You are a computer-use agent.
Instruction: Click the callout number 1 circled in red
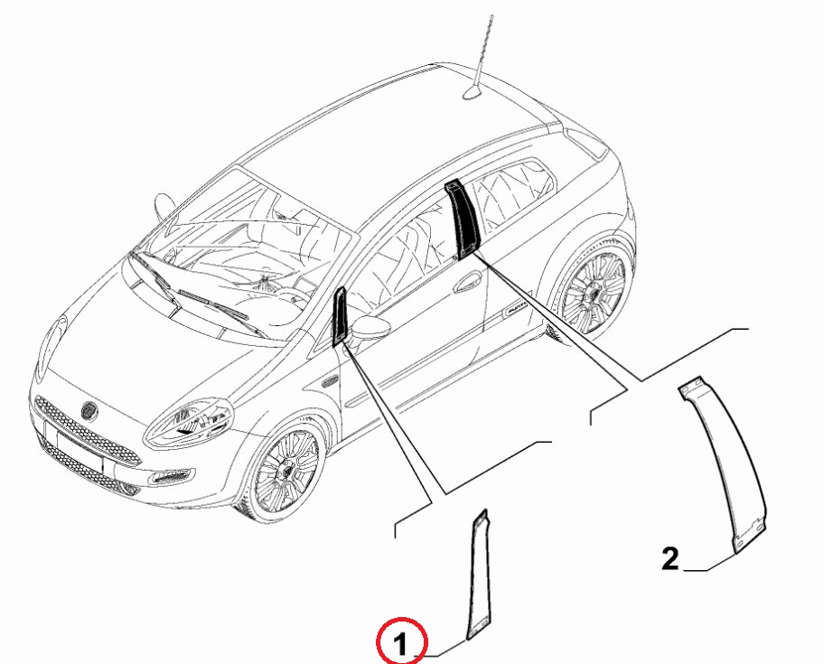[401, 644]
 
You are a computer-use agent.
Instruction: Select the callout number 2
[669, 559]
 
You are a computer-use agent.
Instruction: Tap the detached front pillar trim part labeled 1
[480, 575]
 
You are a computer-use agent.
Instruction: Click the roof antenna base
[472, 92]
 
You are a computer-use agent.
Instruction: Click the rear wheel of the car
[594, 292]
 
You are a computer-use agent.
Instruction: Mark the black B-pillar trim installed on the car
[462, 219]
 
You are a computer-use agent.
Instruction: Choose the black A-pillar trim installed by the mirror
[340, 316]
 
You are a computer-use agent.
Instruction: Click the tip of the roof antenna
[492, 15]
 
